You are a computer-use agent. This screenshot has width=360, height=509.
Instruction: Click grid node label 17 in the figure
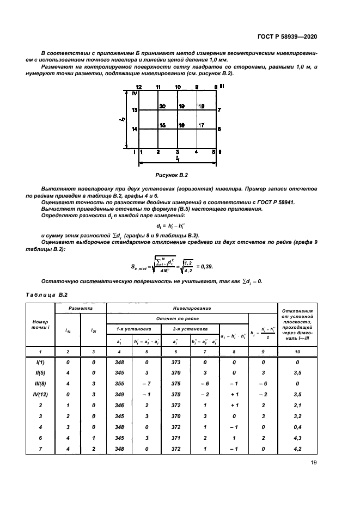point(201,125)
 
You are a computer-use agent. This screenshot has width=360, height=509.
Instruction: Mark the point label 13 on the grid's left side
point(135,110)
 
